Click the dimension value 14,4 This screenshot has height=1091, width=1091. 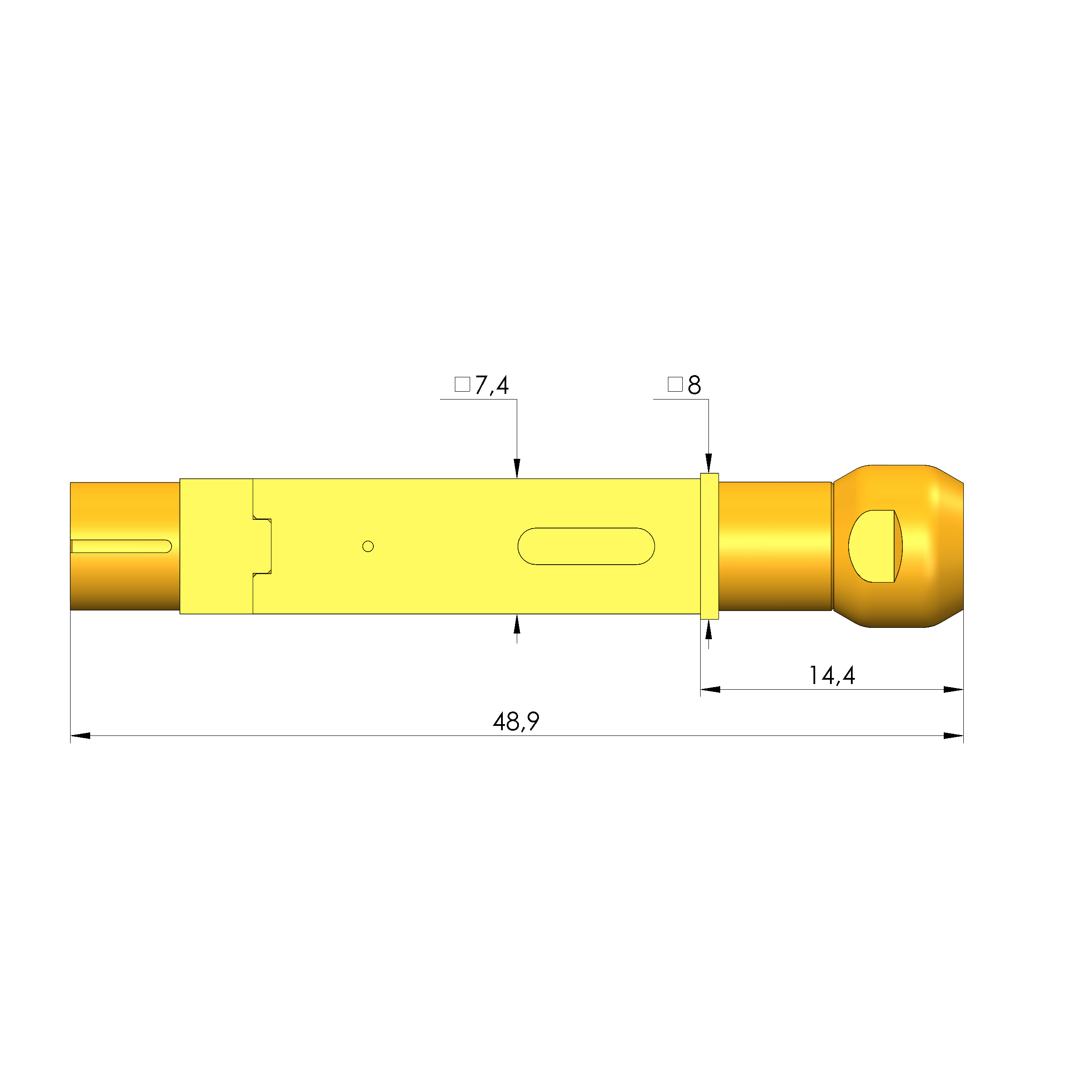(x=831, y=675)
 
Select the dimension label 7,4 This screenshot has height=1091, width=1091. (x=491, y=385)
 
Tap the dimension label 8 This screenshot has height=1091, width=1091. (x=694, y=385)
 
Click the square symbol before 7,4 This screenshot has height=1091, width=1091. (x=462, y=385)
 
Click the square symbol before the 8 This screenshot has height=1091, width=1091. (x=675, y=385)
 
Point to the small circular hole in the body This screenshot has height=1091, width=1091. (x=368, y=546)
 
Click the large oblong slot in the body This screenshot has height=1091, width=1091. (x=586, y=546)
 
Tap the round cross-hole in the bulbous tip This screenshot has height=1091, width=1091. (x=872, y=546)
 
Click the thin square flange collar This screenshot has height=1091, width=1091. (x=709, y=546)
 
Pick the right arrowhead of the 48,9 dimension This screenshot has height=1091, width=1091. (x=953, y=736)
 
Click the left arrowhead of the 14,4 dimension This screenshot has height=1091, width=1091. (x=710, y=689)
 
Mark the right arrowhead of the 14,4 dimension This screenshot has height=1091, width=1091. (x=953, y=689)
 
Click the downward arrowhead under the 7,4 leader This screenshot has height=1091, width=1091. (x=517, y=469)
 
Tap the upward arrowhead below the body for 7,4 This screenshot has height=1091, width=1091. (x=517, y=624)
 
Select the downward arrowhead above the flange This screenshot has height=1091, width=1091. (x=709, y=463)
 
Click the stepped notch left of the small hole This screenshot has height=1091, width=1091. (x=263, y=546)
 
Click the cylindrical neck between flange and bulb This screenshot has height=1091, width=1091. (x=775, y=546)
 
